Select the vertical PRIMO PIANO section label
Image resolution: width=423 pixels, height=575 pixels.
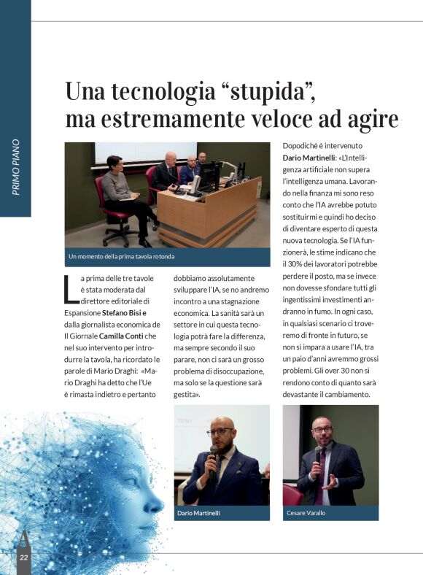tap(15, 167)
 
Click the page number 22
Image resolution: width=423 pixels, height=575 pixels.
tap(23, 557)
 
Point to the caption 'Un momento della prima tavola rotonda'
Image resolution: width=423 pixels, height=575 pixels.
tap(122, 257)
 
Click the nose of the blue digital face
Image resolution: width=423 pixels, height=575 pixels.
tap(160, 502)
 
